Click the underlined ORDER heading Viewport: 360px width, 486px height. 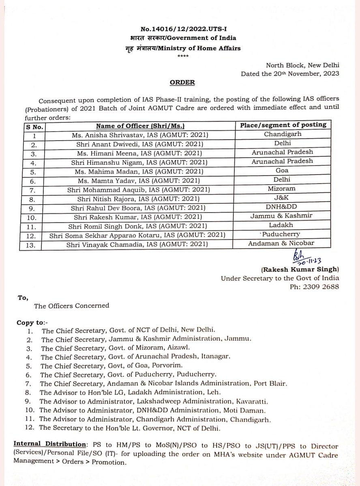click(x=180, y=82)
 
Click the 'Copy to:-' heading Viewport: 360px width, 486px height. click(x=32, y=323)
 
